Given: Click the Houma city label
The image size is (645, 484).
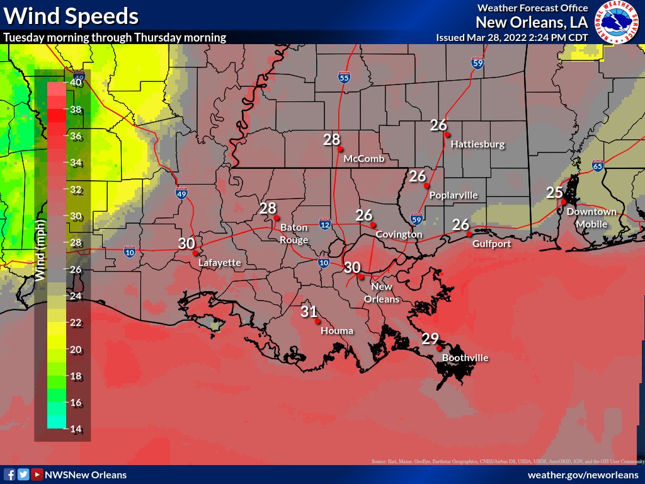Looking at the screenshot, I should pos(337,330).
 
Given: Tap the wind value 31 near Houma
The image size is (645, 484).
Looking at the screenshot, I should pos(309,311).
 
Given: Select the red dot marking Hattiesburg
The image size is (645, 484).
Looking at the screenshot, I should pos(447,134).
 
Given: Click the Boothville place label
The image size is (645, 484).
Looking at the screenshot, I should pos(465,358).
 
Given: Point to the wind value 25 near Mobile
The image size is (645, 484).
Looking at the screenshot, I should pos(554,192).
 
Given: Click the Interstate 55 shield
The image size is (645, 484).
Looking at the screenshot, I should pos(343,78).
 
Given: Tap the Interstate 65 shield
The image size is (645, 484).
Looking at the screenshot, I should pos(598,166).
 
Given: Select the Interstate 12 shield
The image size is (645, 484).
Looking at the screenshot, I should pos(325,224).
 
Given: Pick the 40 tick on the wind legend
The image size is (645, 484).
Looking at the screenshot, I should pos(76,82).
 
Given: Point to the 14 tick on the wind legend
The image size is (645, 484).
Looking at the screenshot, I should pos(76,429).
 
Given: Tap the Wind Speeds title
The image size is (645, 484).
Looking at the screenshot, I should pos(71,15).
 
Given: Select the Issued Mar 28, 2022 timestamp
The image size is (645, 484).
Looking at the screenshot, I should pos(511,37).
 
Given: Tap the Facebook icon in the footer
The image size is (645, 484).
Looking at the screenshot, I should pos(10,475).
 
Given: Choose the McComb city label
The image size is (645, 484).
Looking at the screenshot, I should pos(364,159).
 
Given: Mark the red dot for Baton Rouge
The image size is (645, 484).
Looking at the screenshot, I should pos(276,217).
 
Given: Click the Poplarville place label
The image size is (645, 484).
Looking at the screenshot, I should pos(453,195).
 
